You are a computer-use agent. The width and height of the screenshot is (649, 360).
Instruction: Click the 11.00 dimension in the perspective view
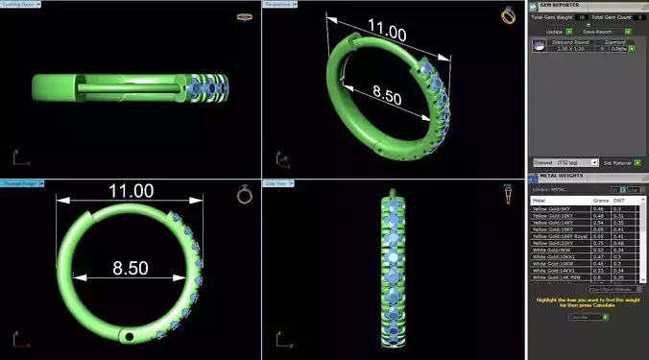pos(381,33)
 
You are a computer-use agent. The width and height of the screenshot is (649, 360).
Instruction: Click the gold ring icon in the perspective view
pos(507,15)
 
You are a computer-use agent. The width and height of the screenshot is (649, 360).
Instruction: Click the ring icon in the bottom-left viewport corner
pos(244,195)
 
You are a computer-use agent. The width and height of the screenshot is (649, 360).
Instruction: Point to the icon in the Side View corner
pos(507,195)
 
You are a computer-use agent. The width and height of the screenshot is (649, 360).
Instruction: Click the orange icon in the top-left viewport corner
pos(244,16)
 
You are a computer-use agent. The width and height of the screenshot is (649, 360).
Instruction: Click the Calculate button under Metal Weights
pos(585,316)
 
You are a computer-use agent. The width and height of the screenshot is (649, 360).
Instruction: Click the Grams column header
pos(602,200)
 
